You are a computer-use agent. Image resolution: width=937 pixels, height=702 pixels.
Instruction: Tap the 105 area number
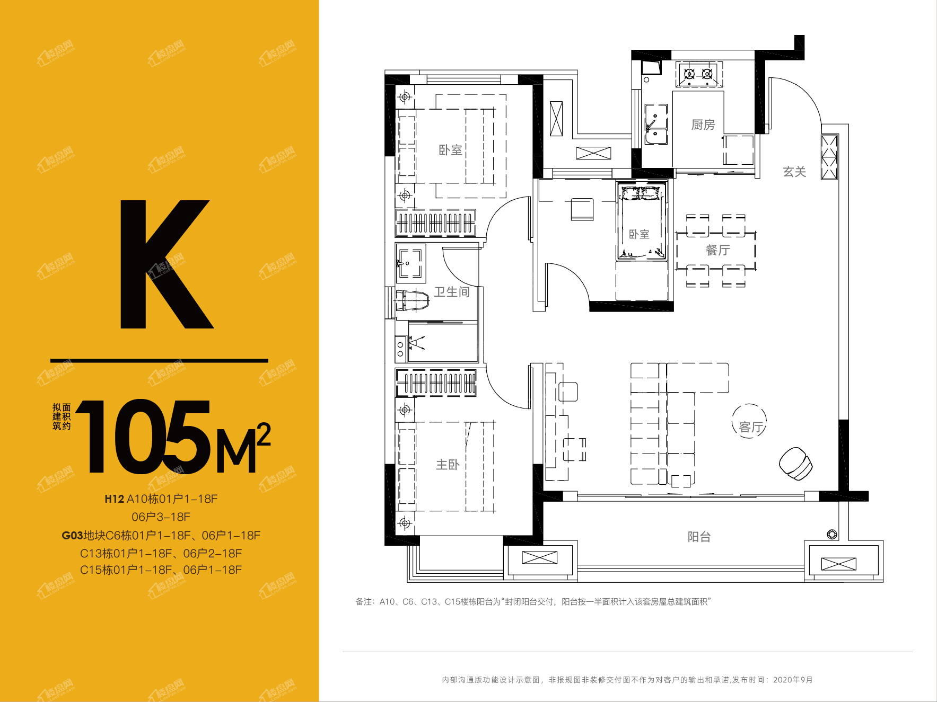coord(143,436)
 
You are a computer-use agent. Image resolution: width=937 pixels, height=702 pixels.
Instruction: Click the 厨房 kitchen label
coord(703,125)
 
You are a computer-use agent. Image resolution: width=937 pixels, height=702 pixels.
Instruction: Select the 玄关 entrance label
coord(794,171)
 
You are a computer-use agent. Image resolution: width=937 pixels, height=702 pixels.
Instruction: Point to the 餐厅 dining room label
coord(717,250)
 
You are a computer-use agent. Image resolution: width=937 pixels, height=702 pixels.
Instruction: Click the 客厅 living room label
coord(751,427)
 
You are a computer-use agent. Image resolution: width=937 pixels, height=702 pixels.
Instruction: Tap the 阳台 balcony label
coord(699,537)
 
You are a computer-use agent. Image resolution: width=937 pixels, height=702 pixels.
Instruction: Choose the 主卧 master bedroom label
coord(448,465)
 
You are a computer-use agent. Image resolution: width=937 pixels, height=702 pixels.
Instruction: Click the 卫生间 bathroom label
coord(452,292)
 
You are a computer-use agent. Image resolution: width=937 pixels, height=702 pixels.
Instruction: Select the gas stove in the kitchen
coord(698,74)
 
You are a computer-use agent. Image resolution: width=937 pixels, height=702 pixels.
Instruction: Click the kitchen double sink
coord(655,124)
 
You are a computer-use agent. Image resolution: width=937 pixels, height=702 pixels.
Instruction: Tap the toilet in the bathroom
coord(412,300)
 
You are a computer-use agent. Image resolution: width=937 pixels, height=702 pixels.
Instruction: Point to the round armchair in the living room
coord(795,463)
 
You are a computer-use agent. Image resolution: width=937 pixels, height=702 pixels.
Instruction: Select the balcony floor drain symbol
coord(832,534)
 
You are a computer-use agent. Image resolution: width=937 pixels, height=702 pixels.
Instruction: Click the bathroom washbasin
coord(409,263)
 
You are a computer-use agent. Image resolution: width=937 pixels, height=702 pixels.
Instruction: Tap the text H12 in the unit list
coord(114,499)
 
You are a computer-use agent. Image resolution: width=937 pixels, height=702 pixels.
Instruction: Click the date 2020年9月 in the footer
coord(793,680)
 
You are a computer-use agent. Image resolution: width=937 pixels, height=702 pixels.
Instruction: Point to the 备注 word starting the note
coord(364,602)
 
